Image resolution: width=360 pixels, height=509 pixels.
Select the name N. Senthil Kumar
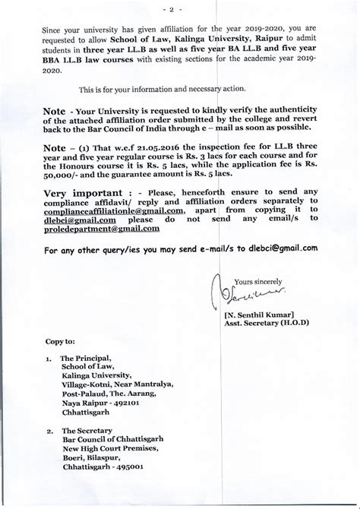[x=258, y=314]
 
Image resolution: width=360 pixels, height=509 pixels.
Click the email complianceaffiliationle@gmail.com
[x=114, y=210]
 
